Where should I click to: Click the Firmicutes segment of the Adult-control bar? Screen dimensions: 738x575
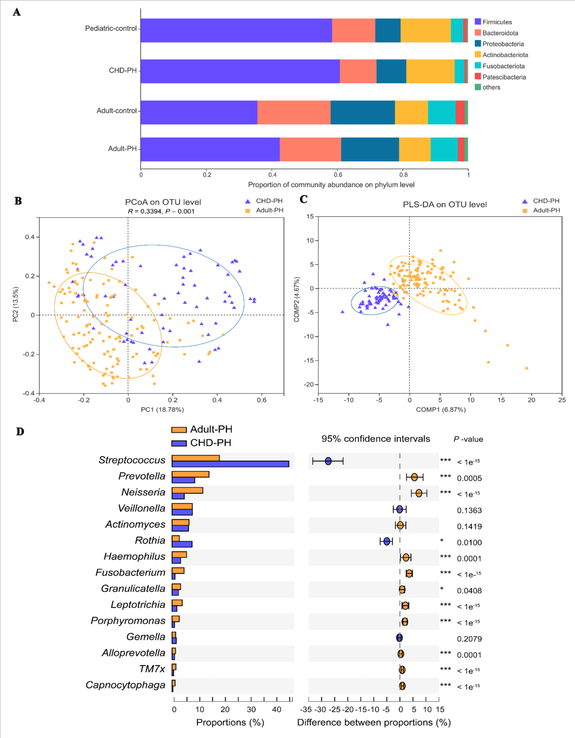pos(199,112)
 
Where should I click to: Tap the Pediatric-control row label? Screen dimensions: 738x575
pos(111,28)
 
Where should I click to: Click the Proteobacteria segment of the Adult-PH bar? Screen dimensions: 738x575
pos(370,149)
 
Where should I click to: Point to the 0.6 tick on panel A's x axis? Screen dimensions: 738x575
pos(338,174)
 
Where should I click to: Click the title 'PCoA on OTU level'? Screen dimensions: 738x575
pos(163,202)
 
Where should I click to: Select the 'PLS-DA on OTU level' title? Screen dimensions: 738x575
pos(445,205)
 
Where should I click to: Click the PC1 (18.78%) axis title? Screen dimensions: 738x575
pos(162,410)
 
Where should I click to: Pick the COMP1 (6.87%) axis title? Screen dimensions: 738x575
pos(441,410)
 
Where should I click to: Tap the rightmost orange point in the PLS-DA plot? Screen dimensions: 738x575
pos(527,368)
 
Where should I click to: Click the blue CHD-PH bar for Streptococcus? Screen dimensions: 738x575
pos(230,464)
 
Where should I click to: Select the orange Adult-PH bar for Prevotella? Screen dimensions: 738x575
pos(191,474)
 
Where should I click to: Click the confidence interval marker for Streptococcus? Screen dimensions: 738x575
pos(328,461)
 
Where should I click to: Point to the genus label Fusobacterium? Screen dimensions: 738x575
pos(130,573)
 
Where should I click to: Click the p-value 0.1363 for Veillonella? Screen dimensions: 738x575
pos(469,510)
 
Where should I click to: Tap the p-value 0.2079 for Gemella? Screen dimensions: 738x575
pos(469,639)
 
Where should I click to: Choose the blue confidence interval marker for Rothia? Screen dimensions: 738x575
pos(387,541)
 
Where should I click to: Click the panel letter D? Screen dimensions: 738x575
pos(20,432)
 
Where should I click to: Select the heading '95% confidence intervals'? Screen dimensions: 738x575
pos(375,439)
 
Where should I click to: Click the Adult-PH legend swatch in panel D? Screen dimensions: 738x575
pos(179,430)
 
